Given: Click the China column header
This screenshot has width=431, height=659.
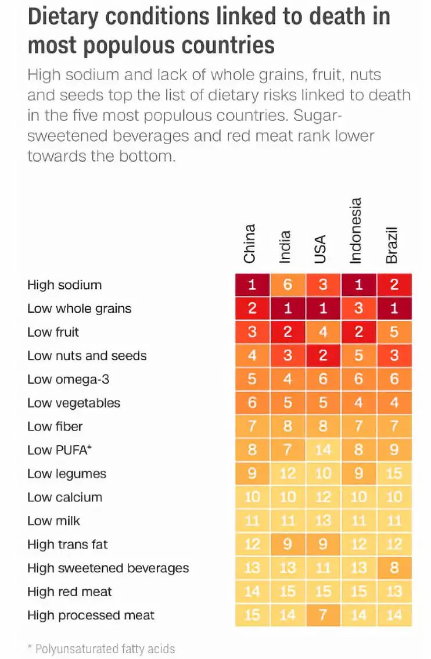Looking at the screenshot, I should click(250, 243).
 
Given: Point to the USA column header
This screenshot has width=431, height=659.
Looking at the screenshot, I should click(321, 249).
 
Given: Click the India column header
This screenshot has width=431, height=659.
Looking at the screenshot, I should click(285, 248).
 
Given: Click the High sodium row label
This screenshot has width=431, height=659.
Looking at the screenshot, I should click(64, 285).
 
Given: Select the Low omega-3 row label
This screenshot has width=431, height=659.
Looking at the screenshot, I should click(68, 379).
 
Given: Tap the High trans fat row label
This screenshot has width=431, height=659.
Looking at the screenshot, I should click(67, 545).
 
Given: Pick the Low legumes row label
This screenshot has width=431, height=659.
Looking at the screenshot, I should click(67, 474).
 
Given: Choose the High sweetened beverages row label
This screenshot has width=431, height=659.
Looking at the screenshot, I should click(108, 568).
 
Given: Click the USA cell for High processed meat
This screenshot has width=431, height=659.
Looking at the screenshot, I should click(323, 615).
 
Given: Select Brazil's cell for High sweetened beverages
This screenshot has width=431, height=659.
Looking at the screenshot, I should click(394, 568).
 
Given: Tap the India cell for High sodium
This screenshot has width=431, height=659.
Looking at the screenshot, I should click(288, 285).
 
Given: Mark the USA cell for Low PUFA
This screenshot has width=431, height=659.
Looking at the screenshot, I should click(323, 450).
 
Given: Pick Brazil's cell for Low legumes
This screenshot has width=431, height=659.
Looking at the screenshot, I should click(394, 474).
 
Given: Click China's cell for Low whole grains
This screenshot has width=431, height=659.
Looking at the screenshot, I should click(252, 309).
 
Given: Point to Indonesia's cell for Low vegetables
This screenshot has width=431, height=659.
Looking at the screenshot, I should click(358, 403).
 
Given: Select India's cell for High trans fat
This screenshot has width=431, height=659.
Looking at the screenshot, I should click(288, 545).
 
